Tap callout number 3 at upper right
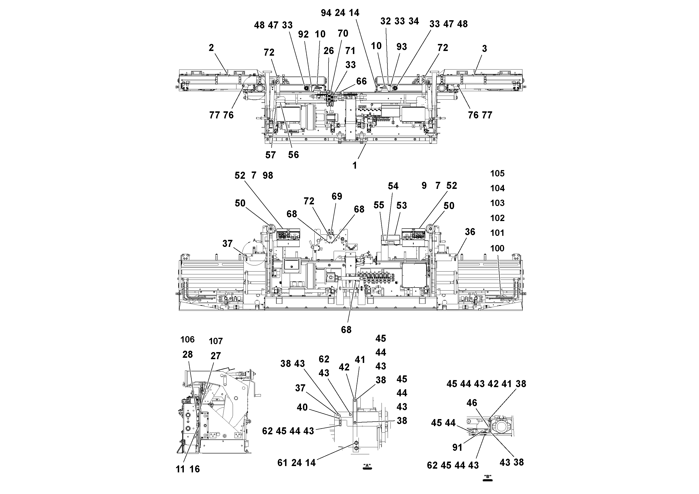484,48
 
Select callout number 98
268,175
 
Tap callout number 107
216,341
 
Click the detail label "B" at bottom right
488,477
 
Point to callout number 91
457,447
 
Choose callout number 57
270,155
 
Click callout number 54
393,186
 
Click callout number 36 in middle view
470,232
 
